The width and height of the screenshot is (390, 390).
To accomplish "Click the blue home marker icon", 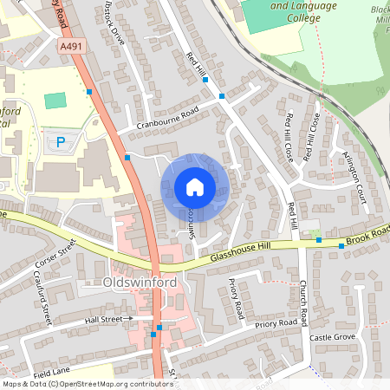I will point(194,187).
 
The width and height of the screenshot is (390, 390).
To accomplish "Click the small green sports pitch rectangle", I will point(55,101).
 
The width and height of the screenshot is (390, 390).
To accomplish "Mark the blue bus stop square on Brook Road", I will point(341,246).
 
